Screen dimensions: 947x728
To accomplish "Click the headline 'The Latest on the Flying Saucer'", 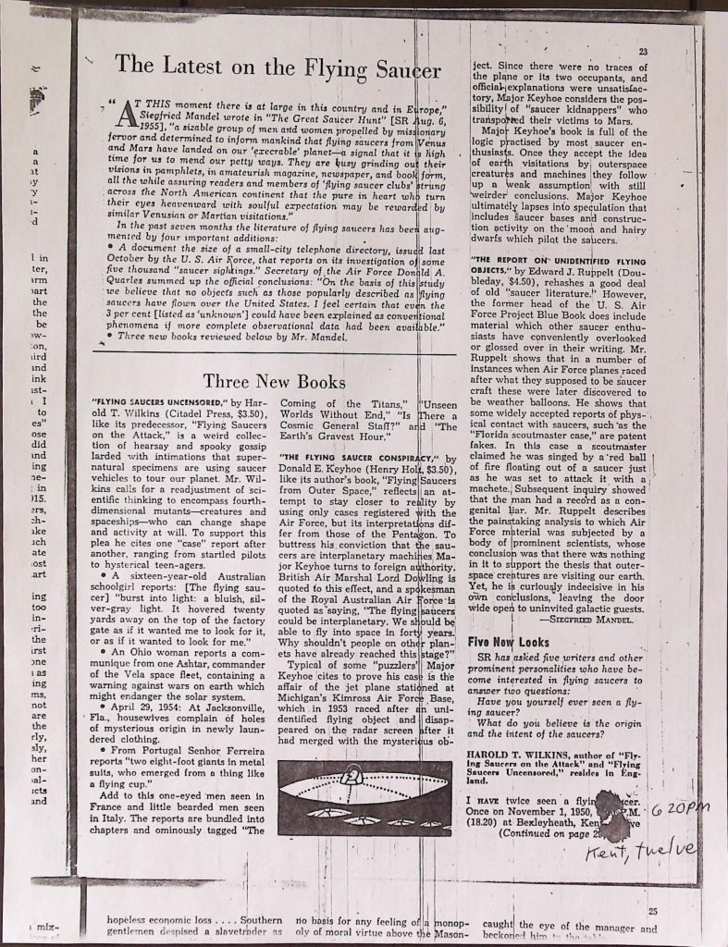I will pyautogui.click(x=278, y=67).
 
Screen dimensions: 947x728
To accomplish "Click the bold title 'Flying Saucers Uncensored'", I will pyautogui.click(x=156, y=403).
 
